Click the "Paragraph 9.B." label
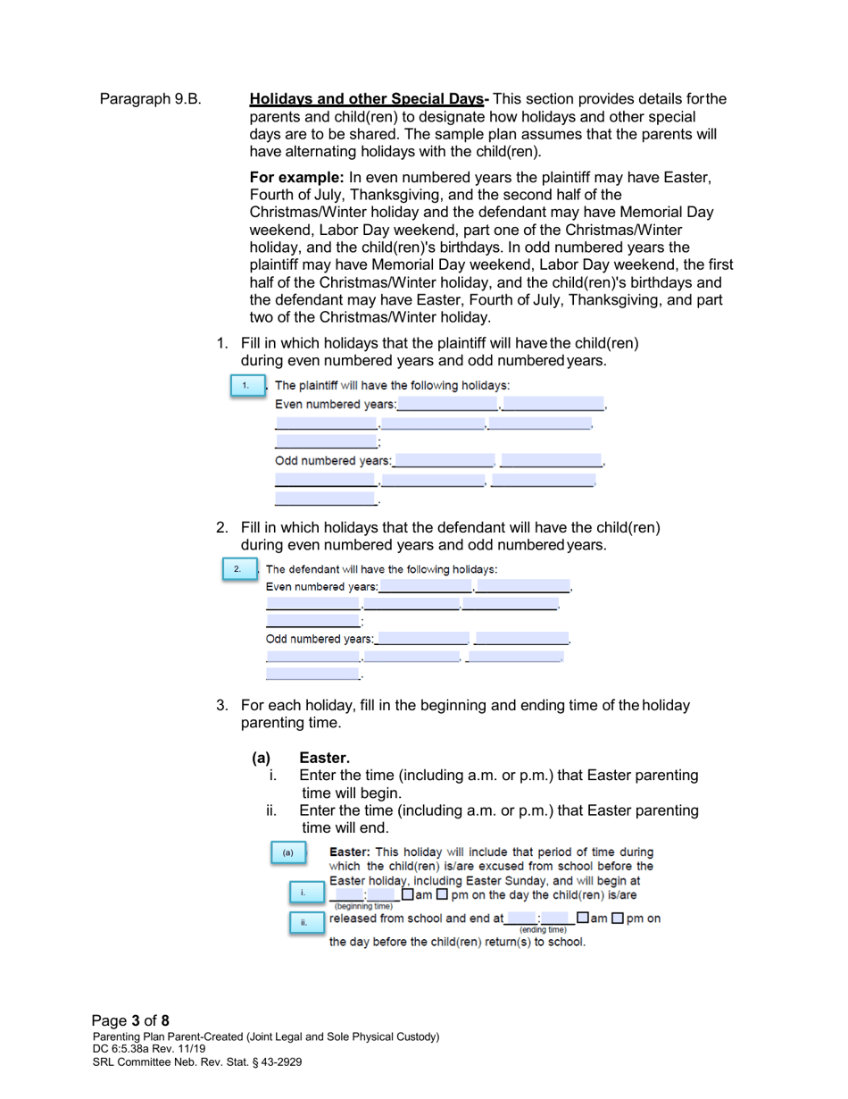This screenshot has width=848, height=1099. click(150, 98)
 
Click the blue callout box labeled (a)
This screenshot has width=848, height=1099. click(287, 852)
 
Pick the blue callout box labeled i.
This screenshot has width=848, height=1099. click(303, 893)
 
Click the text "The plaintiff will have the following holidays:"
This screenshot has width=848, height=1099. click(392, 386)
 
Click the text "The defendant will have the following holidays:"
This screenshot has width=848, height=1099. click(382, 569)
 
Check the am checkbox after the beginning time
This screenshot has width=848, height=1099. click(407, 894)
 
